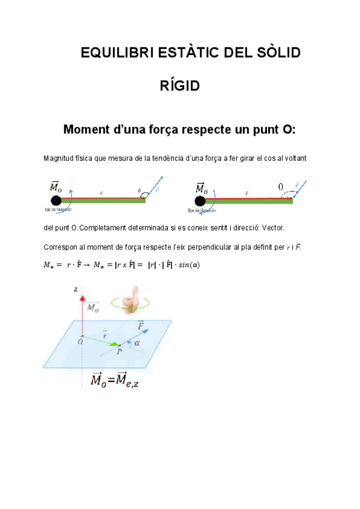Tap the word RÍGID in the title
(x=179, y=86)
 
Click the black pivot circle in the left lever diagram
(x=55, y=200)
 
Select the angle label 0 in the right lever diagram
(x=280, y=187)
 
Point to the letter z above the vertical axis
(x=76, y=289)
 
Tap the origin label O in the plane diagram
(x=81, y=341)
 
